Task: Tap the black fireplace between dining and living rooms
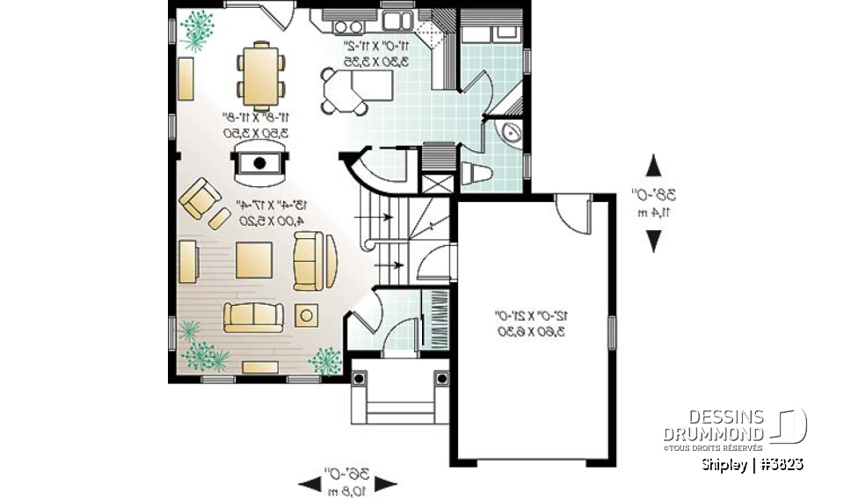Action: tap(259, 163)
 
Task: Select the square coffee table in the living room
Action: tap(252, 260)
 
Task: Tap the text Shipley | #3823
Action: tap(753, 464)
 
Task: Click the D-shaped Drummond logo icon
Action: tap(791, 425)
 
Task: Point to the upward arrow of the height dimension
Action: tap(653, 167)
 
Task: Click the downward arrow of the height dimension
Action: tap(653, 239)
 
